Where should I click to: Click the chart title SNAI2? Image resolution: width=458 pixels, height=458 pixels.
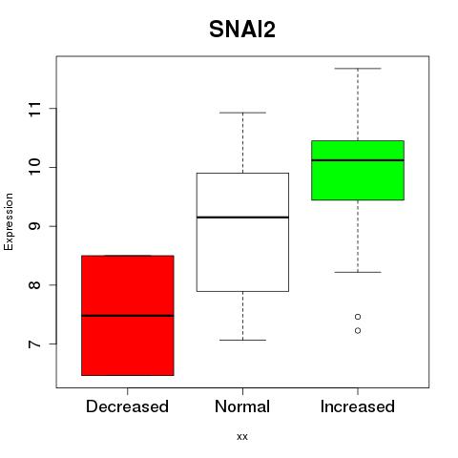242,30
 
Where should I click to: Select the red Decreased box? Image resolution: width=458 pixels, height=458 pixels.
128,315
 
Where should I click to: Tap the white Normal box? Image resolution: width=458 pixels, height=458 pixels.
242,232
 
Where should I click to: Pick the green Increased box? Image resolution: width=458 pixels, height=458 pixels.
358,170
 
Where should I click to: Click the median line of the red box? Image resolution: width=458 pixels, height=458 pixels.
128,316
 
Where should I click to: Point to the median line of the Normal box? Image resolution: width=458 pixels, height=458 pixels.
242,218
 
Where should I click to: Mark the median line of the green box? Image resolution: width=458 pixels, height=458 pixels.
358,160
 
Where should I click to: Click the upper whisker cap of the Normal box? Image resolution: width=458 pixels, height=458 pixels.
242,113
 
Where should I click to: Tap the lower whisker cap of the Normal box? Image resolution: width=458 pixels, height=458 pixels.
242,340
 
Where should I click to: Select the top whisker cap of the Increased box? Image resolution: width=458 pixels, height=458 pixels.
358,69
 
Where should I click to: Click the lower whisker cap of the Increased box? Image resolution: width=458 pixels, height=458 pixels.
358,272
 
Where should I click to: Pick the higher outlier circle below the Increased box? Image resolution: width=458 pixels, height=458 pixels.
358,317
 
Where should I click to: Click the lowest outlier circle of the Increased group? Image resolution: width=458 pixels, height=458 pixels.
358,331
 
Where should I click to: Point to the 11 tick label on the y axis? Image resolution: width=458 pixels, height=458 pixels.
35,109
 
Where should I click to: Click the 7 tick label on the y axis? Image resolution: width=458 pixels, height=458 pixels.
35,344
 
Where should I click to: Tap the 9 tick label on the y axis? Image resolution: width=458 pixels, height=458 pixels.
35,226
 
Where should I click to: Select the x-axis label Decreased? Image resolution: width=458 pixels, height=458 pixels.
127,406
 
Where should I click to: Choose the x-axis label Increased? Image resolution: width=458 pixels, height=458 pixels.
358,406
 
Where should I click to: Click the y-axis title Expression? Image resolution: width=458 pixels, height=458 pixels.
9,221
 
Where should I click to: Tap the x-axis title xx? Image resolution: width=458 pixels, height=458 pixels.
242,437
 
